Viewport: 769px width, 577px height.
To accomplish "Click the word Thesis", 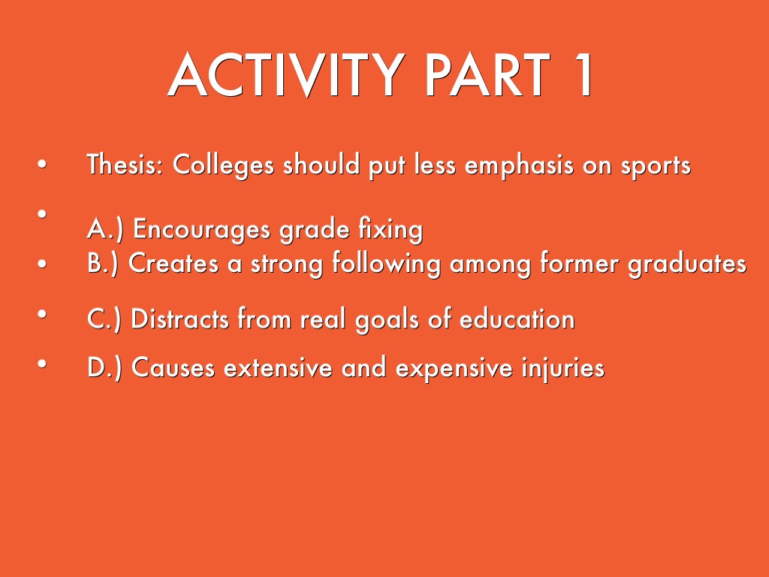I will point(124,165).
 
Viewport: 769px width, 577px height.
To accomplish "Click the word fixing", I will point(388,230).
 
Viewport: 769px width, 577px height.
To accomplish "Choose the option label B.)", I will point(105,264).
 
